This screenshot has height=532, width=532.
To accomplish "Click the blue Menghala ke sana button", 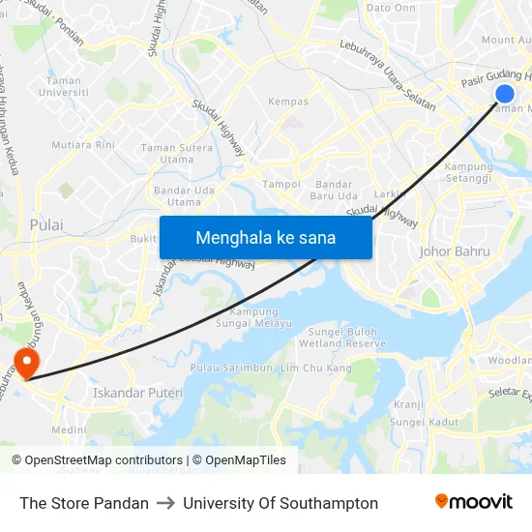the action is click(265, 237).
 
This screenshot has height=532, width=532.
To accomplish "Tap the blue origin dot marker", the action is click(505, 93).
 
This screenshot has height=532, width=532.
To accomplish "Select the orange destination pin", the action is click(25, 364).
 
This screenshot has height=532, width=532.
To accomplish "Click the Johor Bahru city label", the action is click(455, 251).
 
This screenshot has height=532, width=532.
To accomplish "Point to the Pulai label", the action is click(46, 224).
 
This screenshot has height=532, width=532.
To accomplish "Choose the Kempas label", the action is click(288, 102).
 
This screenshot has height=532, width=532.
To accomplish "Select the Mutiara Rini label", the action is click(83, 145).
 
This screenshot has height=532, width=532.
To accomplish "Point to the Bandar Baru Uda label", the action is click(334, 190).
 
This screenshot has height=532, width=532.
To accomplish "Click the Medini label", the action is click(69, 430).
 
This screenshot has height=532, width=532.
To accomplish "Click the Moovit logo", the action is click(474, 502).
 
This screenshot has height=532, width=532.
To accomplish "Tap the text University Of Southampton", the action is click(281, 503).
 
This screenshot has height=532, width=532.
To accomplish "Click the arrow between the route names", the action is click(165, 503).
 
